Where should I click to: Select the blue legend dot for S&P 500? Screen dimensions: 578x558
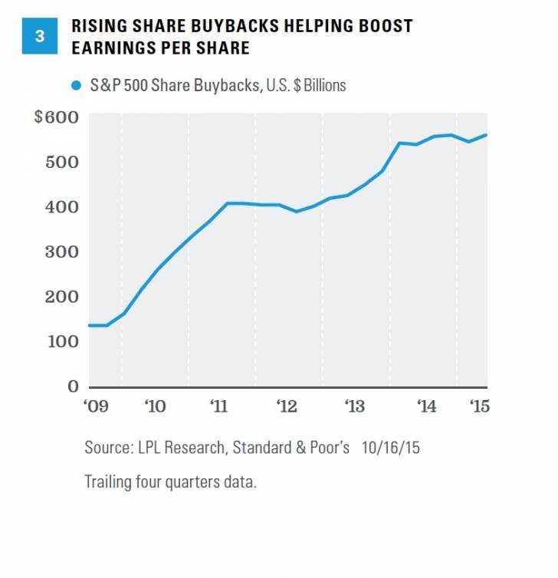(x=75, y=86)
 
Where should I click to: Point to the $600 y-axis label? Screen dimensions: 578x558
(x=55, y=117)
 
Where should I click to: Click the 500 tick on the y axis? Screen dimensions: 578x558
(x=61, y=162)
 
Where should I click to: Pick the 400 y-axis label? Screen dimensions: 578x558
(x=61, y=207)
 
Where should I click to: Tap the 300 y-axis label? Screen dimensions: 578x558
(x=61, y=251)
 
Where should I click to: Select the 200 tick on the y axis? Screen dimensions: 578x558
(x=61, y=296)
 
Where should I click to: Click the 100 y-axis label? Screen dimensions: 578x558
(x=61, y=341)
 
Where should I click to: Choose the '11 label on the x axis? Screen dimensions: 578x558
(x=220, y=406)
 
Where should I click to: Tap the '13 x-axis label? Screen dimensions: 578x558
(x=355, y=406)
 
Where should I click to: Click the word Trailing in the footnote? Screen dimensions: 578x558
(x=109, y=482)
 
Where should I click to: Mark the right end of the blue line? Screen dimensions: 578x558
(x=487, y=136)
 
